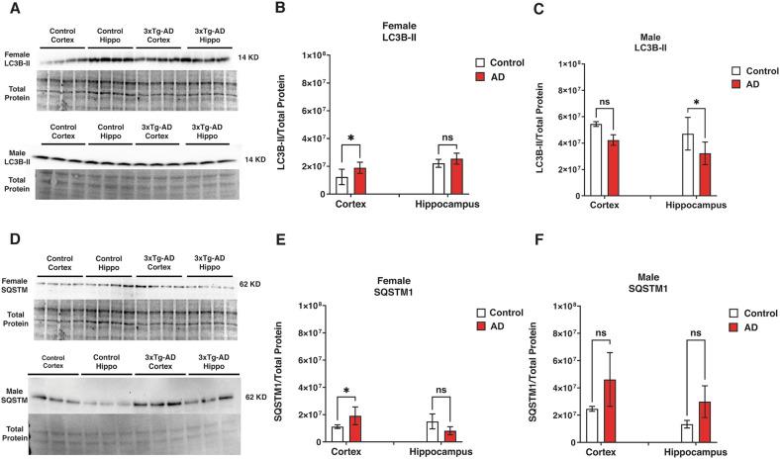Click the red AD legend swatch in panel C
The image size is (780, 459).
(x=736, y=86)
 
